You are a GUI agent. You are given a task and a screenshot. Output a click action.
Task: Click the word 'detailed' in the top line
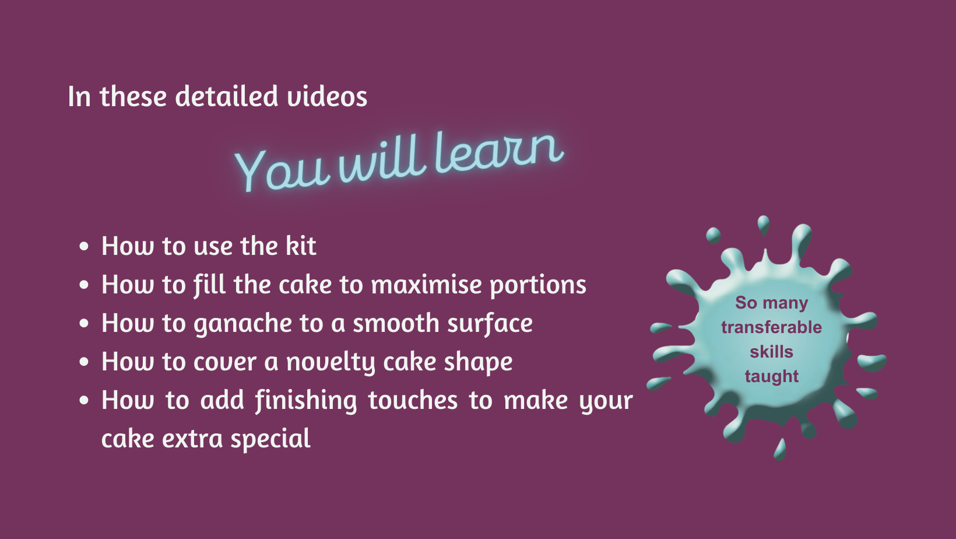(227, 96)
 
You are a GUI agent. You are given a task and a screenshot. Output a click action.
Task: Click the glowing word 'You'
(282, 170)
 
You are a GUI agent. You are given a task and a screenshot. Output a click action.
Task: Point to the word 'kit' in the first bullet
(301, 246)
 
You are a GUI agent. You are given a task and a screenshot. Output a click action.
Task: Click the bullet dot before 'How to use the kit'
(84, 246)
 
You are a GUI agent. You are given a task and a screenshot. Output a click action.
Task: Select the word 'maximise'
(426, 285)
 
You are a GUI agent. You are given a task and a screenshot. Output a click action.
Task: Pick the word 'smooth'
(396, 323)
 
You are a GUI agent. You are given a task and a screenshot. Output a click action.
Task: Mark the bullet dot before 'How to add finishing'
(84, 401)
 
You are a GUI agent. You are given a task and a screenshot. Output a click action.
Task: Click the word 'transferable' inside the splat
(772, 328)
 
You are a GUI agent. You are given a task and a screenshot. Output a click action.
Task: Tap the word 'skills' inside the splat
(772, 352)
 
